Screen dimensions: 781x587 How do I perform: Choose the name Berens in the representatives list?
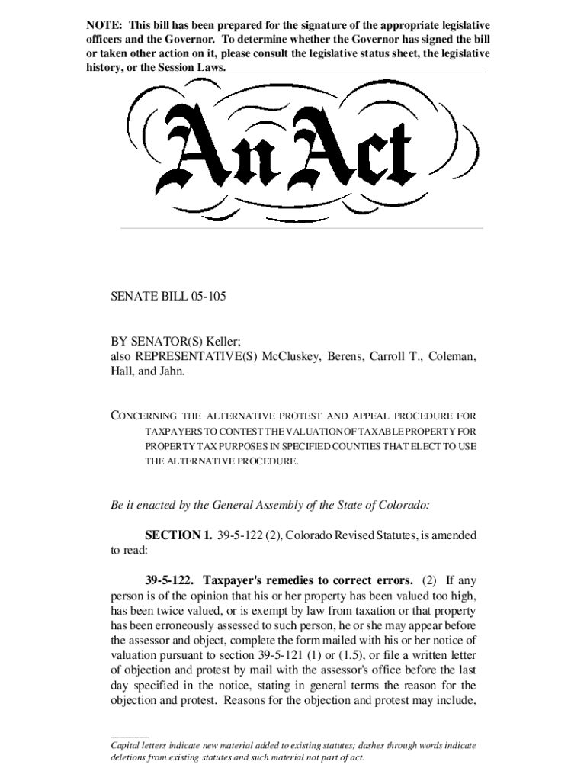tap(346, 356)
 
